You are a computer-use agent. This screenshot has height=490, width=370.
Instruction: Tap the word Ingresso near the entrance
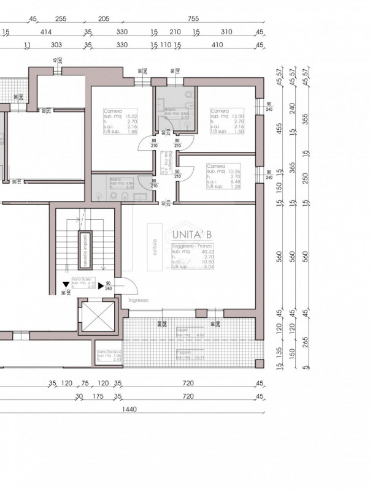point(139,300)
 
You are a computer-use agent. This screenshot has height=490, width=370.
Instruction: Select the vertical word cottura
point(156,247)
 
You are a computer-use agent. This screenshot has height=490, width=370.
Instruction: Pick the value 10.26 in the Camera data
point(234,171)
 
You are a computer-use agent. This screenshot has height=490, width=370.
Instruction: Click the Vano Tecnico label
point(107,352)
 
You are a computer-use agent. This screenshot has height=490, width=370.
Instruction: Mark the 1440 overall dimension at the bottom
point(129,409)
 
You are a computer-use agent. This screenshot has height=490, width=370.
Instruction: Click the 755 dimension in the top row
point(194,19)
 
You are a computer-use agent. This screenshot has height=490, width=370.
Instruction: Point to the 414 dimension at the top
point(45,31)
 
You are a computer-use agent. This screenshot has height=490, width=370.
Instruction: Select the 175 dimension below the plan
point(97,396)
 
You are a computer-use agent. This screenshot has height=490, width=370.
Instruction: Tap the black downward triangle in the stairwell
point(64,284)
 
